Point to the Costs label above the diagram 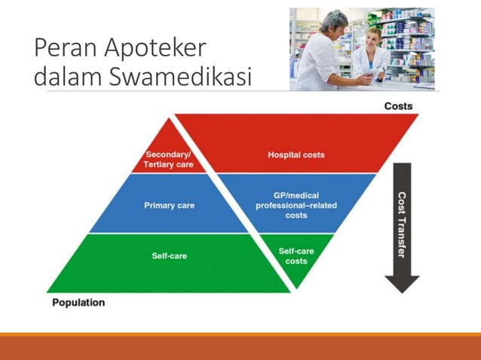(398, 106)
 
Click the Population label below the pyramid (78, 303)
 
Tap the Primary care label (170, 205)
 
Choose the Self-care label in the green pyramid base (170, 256)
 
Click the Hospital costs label (296, 155)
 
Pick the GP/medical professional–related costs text (296, 205)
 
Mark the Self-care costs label (296, 256)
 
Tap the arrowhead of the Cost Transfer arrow (402, 283)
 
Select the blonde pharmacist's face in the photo (372, 37)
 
